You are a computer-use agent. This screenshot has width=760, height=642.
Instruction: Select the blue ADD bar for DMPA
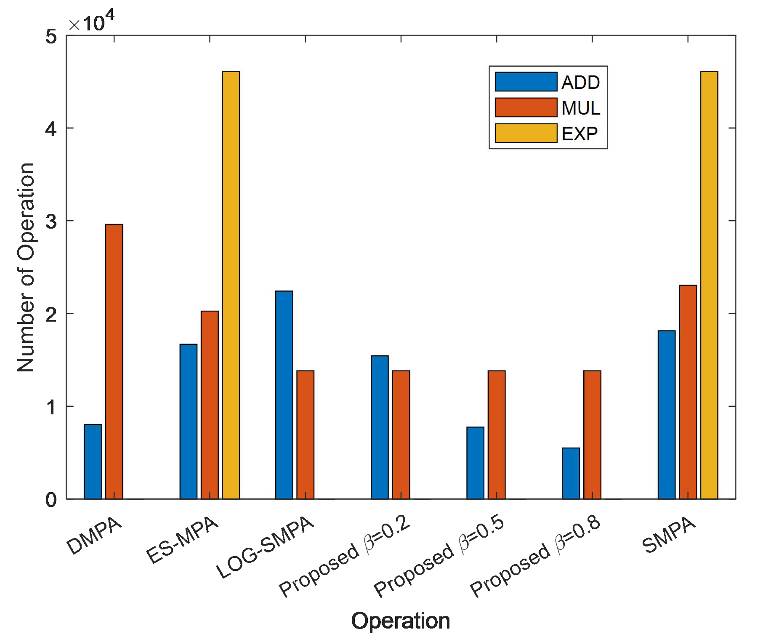[x=93, y=461]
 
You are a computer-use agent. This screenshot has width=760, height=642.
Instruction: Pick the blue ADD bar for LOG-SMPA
[x=284, y=395]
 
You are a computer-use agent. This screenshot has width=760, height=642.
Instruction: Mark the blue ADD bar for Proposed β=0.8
[x=571, y=473]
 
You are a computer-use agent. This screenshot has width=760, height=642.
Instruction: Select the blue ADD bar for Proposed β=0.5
[x=475, y=462]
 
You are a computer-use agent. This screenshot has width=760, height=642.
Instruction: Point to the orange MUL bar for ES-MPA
[x=210, y=404]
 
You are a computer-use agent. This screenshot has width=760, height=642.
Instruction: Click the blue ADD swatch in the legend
[x=526, y=82]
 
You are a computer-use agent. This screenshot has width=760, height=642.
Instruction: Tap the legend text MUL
[x=580, y=108]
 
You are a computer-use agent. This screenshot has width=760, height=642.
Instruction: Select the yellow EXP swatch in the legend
[x=526, y=133]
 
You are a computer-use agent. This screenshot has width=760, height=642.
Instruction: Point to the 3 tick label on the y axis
[x=51, y=221]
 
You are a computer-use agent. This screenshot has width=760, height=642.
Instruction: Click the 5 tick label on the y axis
[x=51, y=37]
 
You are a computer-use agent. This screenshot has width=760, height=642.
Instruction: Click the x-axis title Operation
[x=400, y=620]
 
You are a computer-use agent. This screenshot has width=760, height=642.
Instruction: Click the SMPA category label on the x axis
[x=669, y=535]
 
